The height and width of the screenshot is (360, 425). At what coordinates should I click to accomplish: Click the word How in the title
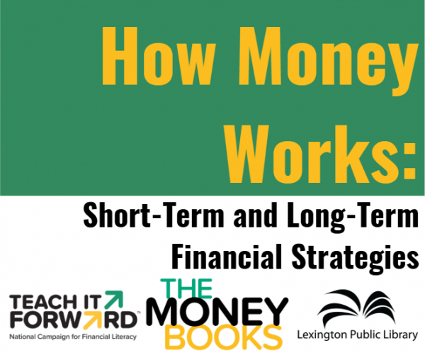(x=159, y=56)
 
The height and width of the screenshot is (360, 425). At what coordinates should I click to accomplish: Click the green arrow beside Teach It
(x=114, y=299)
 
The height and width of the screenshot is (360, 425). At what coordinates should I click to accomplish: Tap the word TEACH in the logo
(x=39, y=303)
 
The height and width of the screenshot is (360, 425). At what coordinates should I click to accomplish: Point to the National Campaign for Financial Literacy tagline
(x=73, y=337)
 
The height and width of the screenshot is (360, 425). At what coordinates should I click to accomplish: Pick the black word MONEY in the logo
(x=217, y=312)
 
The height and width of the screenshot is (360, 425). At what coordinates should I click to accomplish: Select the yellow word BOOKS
(x=224, y=337)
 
